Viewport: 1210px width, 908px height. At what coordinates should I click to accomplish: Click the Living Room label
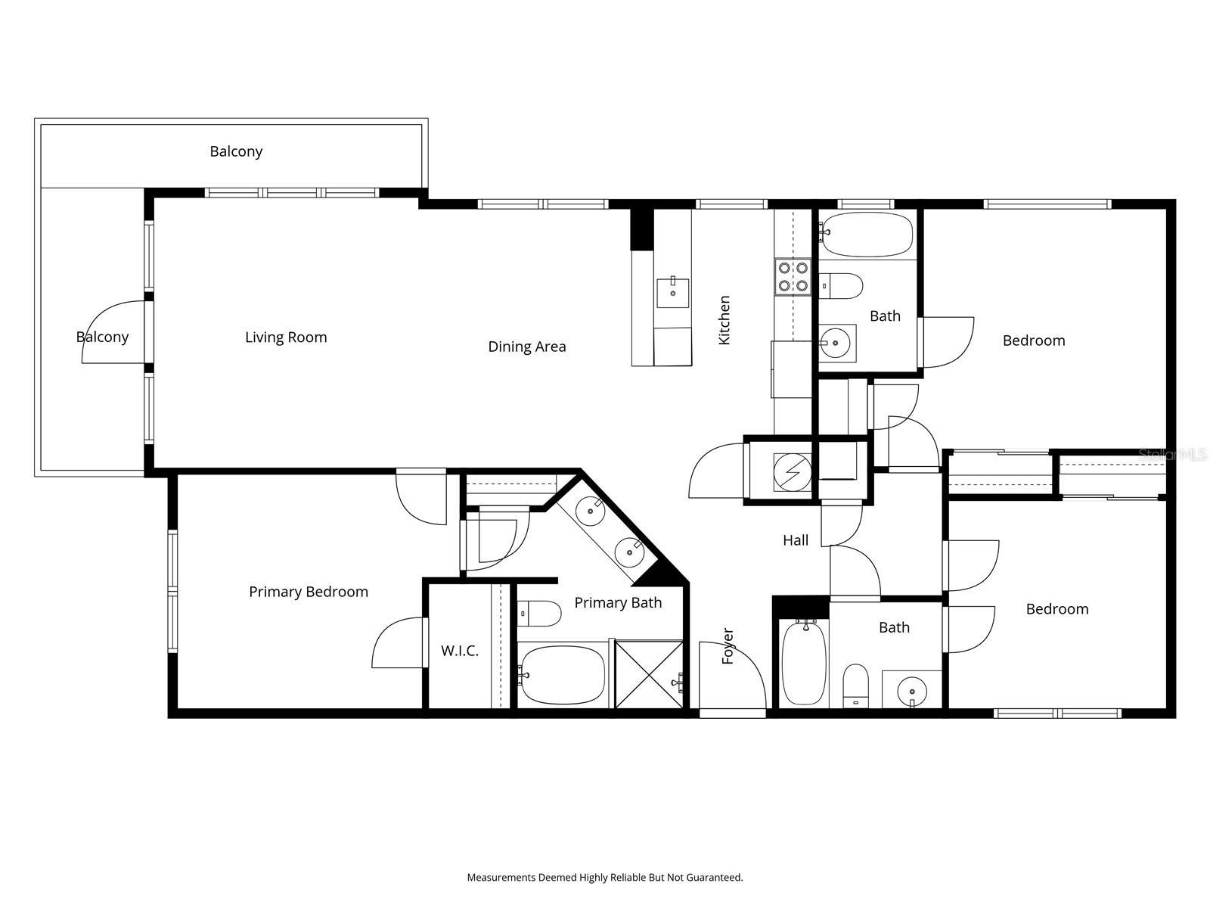tap(286, 337)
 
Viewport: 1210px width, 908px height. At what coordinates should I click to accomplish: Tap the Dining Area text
tap(526, 347)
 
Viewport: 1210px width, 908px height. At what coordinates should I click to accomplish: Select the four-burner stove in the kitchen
tap(793, 276)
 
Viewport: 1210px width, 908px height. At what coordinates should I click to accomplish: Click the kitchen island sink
tap(672, 292)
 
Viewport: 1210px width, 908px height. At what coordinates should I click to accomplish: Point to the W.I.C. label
tap(460, 651)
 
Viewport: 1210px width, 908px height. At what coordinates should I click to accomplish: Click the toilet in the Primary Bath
tap(539, 613)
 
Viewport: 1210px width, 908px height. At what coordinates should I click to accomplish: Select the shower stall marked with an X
tap(649, 673)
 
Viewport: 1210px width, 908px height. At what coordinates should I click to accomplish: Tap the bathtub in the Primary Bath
tap(563, 675)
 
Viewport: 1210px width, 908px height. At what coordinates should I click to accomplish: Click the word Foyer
tap(728, 645)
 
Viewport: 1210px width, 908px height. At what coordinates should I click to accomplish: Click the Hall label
tap(795, 540)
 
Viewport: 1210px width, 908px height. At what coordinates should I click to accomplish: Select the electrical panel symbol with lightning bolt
tap(792, 472)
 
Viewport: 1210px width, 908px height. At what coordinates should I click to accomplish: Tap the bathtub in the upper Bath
tap(867, 233)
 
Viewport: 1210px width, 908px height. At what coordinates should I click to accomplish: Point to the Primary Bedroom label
tap(309, 592)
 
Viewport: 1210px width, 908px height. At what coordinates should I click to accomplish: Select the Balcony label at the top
tap(236, 151)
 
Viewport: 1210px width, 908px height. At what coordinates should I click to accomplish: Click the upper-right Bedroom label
tap(1034, 340)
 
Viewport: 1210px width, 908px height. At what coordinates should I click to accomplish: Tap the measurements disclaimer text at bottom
tap(605, 878)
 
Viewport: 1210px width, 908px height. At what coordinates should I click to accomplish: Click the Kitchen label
tap(724, 320)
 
